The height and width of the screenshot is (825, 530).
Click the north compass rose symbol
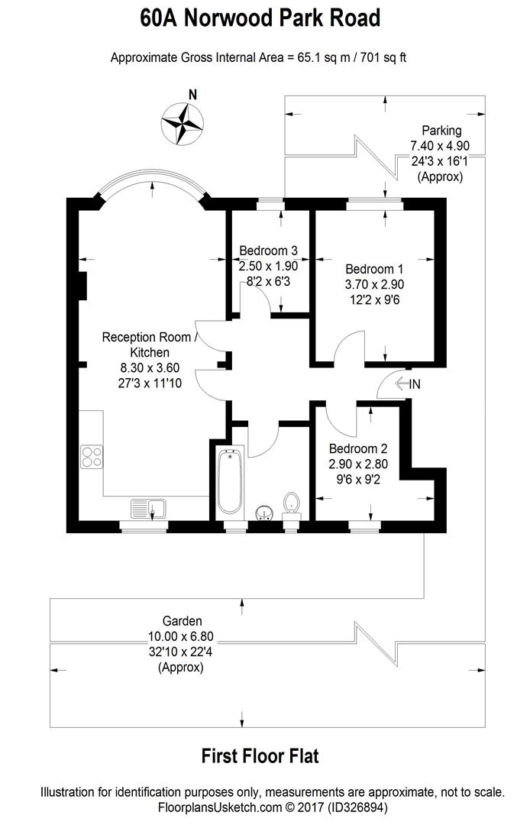(183, 123)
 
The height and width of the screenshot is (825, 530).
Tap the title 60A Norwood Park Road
(260, 18)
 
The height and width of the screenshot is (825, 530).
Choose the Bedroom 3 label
(268, 251)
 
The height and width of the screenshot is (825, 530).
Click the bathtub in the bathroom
(229, 484)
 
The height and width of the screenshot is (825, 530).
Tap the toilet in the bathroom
(291, 503)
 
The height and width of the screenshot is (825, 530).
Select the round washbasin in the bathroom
(262, 510)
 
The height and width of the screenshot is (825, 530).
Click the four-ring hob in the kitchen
(92, 456)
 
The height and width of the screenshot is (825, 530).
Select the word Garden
(182, 621)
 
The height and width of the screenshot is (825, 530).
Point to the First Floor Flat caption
(260, 756)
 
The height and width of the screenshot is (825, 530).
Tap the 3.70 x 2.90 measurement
(374, 284)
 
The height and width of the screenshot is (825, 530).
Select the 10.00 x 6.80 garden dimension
(181, 636)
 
